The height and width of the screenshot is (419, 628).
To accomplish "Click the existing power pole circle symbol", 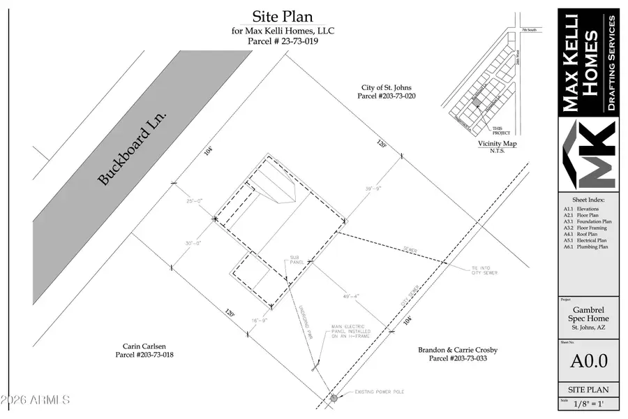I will pyautogui.click(x=334, y=398).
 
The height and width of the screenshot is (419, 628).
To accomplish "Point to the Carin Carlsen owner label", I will pyautogui.click(x=142, y=351).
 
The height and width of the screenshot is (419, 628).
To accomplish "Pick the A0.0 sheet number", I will pyautogui.click(x=588, y=360).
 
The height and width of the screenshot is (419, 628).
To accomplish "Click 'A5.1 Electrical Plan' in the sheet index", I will pyautogui.click(x=585, y=240).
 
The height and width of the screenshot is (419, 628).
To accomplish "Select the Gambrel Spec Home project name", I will pyautogui.click(x=588, y=313).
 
